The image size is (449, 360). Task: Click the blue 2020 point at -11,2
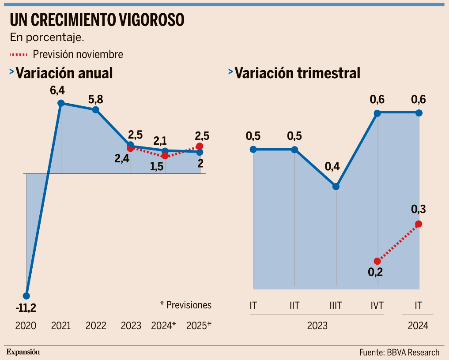click(x=26, y=296)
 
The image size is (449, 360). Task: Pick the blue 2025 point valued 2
click(x=200, y=152)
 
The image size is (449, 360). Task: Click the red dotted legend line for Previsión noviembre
click(x=18, y=55)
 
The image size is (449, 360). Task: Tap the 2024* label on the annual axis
click(x=163, y=326)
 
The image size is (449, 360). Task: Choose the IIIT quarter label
click(x=336, y=305)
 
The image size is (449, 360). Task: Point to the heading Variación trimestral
click(x=297, y=73)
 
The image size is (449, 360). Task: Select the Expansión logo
click(x=23, y=352)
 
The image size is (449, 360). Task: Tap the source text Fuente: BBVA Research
click(x=399, y=352)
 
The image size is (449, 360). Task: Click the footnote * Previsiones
click(x=185, y=305)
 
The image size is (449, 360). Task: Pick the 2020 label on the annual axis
click(x=26, y=326)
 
